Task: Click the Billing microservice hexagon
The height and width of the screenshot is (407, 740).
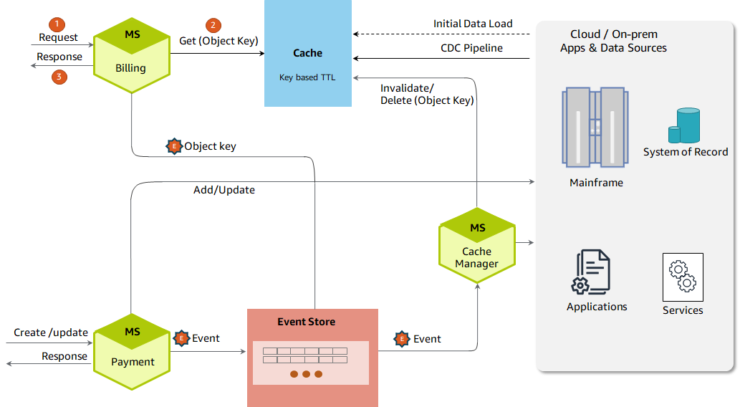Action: click(x=131, y=54)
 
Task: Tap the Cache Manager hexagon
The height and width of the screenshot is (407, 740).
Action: click(x=477, y=244)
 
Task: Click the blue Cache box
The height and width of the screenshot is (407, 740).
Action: click(x=308, y=54)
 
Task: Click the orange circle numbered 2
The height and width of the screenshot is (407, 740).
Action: click(x=213, y=25)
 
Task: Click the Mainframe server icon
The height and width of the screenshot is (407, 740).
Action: click(x=596, y=127)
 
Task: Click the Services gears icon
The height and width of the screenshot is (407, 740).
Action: click(x=683, y=277)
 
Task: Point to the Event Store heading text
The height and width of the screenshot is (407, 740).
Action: click(x=306, y=322)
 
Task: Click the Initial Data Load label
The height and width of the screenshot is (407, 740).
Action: click(x=473, y=24)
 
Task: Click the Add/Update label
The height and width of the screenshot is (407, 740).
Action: click(x=224, y=190)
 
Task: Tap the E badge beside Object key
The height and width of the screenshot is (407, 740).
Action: click(x=174, y=145)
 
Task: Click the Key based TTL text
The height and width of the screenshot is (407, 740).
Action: click(x=307, y=77)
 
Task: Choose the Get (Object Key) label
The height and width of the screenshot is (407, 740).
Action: click(x=218, y=41)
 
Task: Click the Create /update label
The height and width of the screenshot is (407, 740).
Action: click(x=51, y=332)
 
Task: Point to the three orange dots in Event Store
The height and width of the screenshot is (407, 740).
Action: click(x=307, y=374)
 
